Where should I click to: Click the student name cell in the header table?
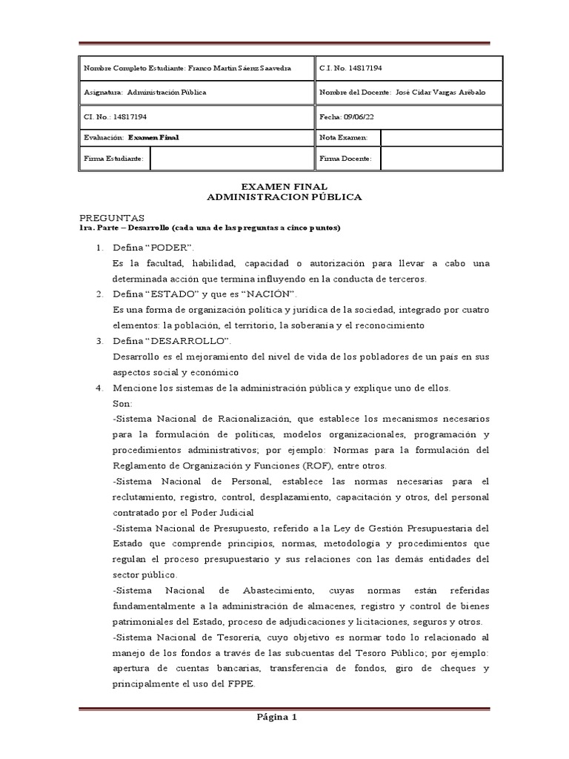point(196,68)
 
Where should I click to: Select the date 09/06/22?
point(359,116)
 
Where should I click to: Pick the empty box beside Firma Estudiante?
point(232,159)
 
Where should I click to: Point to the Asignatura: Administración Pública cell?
point(196,93)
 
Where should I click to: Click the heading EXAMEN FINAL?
point(284,187)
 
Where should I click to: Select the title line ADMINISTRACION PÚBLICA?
point(284,197)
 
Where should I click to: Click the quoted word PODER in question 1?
point(171,246)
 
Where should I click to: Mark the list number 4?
point(99,388)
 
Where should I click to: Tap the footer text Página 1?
point(276,717)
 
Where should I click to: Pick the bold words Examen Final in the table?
point(153,138)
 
